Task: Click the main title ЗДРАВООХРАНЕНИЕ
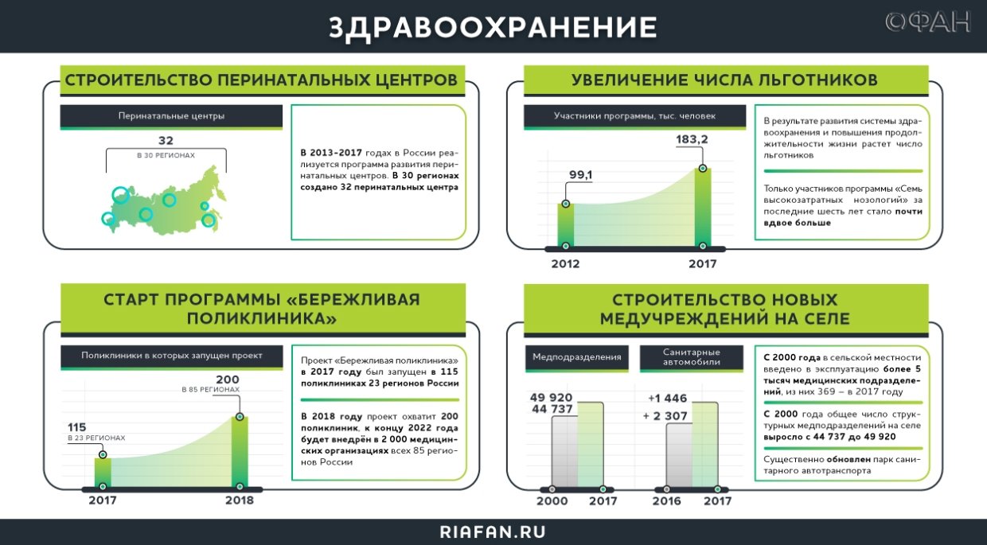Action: click(x=493, y=26)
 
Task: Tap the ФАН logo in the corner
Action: click(x=928, y=22)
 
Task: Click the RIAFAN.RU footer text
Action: click(x=493, y=531)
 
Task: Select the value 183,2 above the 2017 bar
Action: click(x=692, y=140)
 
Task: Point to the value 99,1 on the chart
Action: click(x=580, y=175)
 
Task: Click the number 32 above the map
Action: click(x=166, y=141)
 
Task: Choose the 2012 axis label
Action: click(x=565, y=264)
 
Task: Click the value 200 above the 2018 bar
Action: click(x=228, y=379)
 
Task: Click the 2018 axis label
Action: click(x=239, y=500)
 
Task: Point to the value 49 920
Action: click(x=551, y=397)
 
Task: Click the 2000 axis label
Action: click(x=552, y=500)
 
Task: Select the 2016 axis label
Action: click(x=667, y=500)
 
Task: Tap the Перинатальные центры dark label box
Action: click(x=171, y=116)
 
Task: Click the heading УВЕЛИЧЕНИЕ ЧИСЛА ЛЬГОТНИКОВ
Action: click(x=724, y=80)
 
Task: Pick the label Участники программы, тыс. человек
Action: click(x=634, y=116)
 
